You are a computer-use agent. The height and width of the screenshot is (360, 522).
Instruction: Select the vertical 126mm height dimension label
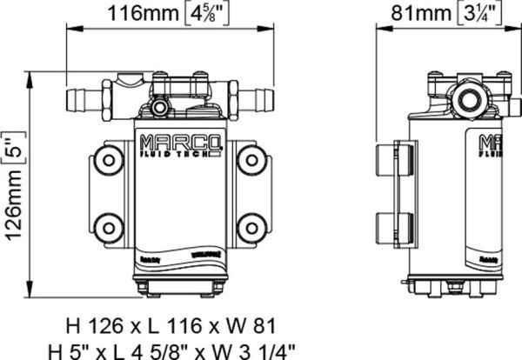coord(14,189)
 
